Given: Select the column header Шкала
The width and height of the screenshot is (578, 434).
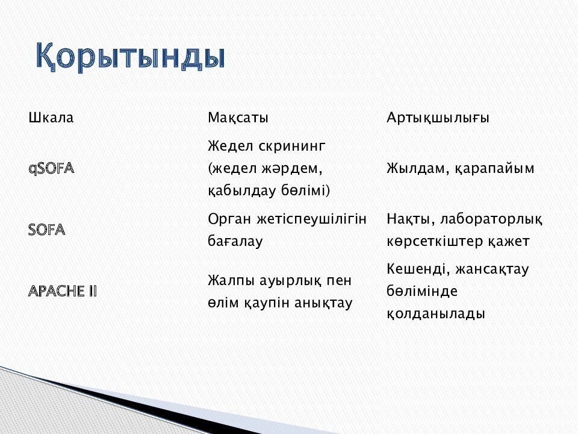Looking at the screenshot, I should [51, 118].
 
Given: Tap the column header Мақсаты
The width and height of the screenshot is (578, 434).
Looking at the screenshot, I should [238, 118].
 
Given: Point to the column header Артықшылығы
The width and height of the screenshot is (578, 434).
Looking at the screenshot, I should [438, 118].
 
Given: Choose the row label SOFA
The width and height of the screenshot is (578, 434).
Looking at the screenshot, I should [47, 230].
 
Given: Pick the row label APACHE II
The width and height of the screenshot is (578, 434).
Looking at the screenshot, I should [63, 291].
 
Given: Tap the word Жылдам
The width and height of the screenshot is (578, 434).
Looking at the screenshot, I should [415, 169].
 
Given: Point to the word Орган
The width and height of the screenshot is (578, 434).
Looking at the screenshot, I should [228, 218].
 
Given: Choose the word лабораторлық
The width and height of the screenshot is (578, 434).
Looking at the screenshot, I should [491, 218].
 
